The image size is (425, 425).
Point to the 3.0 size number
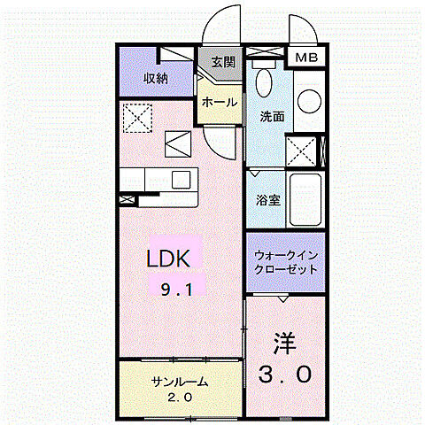285,375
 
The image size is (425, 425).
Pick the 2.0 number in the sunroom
181,396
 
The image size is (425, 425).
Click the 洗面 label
271,115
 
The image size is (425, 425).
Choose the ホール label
219,102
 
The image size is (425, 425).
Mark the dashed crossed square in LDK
136,116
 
